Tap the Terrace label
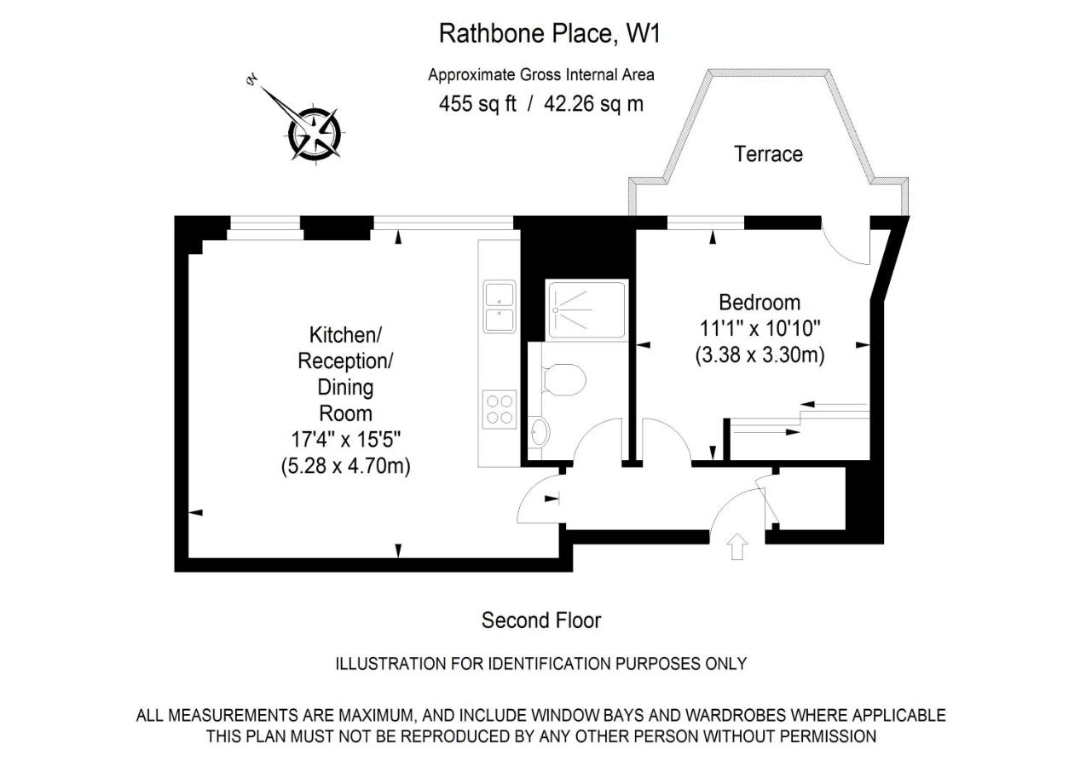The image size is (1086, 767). pyautogui.click(x=768, y=154)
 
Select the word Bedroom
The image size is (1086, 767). pyautogui.click(x=760, y=303)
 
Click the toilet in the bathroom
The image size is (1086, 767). pyautogui.click(x=563, y=379)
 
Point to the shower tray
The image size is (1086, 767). pyautogui.click(x=586, y=309)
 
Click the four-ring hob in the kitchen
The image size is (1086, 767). pyautogui.click(x=500, y=409)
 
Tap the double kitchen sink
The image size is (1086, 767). pyautogui.click(x=500, y=307)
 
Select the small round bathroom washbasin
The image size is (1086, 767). pyautogui.click(x=539, y=431)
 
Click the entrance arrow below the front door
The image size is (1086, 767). pyautogui.click(x=737, y=546)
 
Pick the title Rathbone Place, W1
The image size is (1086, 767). pyautogui.click(x=549, y=34)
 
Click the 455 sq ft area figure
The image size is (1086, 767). pyautogui.click(x=477, y=104)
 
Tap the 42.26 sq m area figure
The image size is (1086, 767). pyautogui.click(x=593, y=104)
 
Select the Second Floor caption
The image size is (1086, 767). pyautogui.click(x=541, y=620)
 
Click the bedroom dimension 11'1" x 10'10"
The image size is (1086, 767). pyautogui.click(x=760, y=329)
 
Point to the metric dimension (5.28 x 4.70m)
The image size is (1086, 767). pyautogui.click(x=346, y=466)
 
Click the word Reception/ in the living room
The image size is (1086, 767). pyautogui.click(x=345, y=361)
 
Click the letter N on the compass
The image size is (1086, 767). pyautogui.click(x=252, y=80)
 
